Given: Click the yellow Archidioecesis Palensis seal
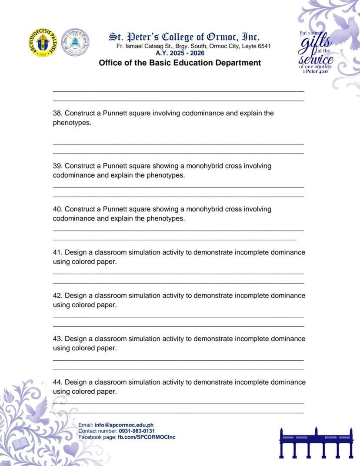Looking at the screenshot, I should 43,43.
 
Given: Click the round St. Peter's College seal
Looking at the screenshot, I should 76,42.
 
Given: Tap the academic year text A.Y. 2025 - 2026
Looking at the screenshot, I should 180,53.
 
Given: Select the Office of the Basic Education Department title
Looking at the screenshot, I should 180,63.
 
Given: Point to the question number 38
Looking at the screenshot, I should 57,113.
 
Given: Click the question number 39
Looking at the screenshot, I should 57,166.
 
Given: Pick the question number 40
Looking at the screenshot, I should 57,209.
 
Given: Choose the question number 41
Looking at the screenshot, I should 57,252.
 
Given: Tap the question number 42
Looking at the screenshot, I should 57,295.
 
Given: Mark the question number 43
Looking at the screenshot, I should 57,339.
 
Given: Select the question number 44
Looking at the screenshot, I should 57,382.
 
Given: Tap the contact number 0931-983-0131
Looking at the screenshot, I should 137,431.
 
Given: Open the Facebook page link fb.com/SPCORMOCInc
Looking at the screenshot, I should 147,436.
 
